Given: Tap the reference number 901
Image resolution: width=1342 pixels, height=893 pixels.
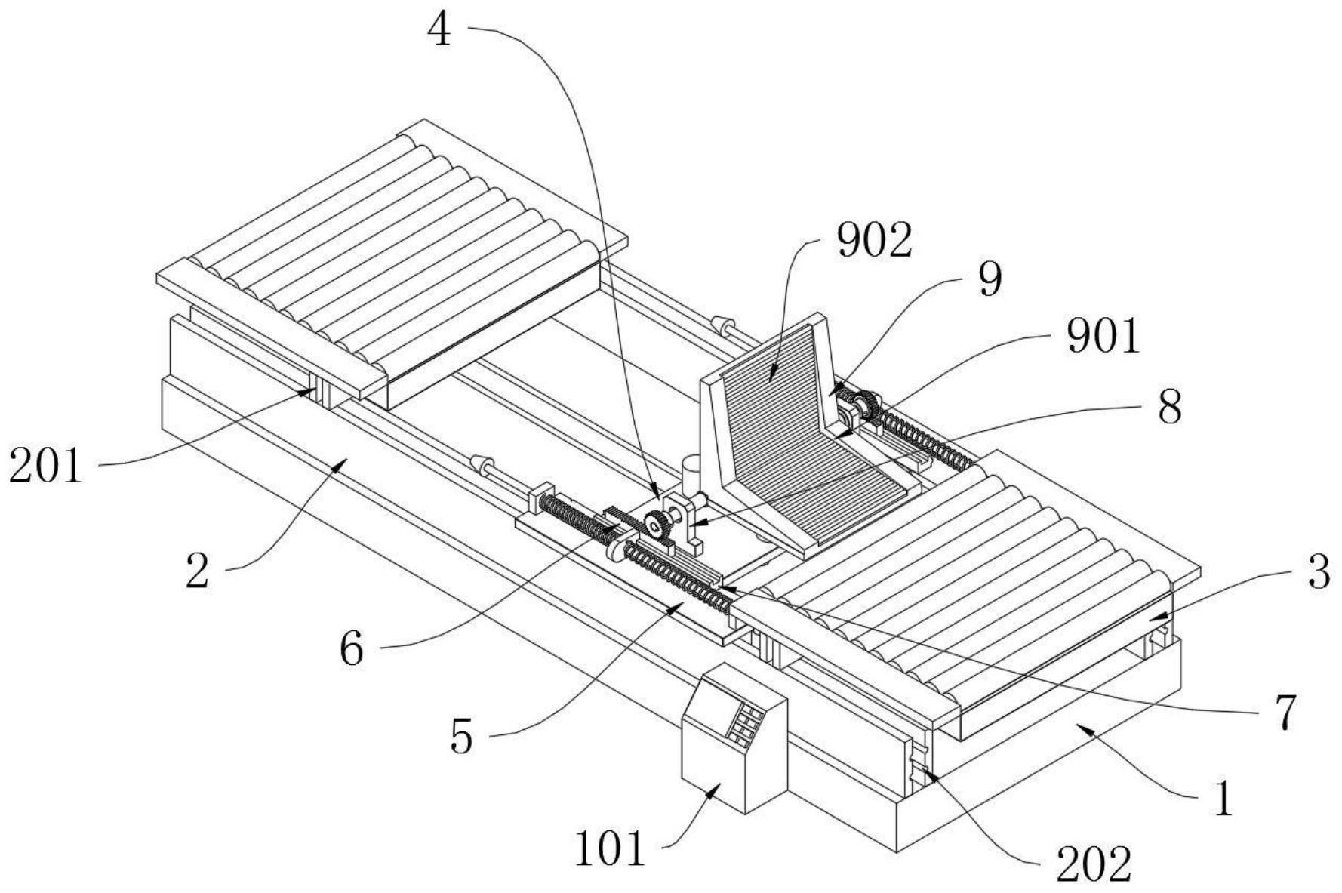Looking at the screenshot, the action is [x=1103, y=337].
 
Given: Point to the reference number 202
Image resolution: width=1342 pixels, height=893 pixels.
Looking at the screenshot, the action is [x=1094, y=864].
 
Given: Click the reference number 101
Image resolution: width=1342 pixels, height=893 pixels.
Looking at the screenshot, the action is [x=611, y=848].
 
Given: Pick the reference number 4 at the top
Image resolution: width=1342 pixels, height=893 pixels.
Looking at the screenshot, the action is [x=439, y=31].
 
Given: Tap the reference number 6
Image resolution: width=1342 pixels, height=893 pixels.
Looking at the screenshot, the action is [x=352, y=648].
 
